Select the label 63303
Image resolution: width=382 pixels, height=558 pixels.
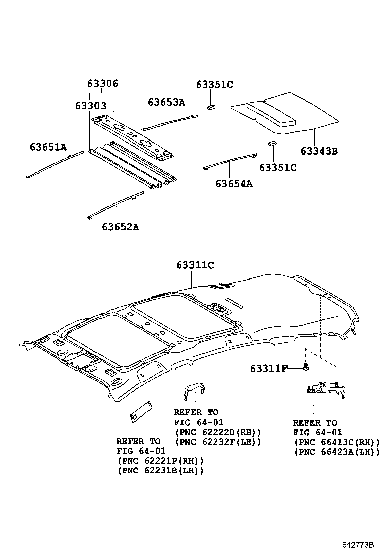point(91,106)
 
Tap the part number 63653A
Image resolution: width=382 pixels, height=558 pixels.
point(166,102)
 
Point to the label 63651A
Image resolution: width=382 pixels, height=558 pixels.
point(48,147)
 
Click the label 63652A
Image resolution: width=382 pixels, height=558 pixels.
point(120,227)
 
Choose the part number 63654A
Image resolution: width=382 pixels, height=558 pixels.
point(234,184)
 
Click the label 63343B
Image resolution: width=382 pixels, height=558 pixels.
point(319,151)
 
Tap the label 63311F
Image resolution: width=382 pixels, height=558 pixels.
point(268,369)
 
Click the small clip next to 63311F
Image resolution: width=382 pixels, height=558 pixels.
point(305,369)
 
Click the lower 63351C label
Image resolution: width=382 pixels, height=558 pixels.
point(278,167)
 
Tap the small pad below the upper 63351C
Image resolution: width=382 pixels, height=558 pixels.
point(212,106)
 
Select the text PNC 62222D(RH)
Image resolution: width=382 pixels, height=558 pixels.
point(218,432)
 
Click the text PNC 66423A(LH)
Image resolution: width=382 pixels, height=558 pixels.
point(337,452)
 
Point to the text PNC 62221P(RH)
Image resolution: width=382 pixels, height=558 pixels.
point(160,461)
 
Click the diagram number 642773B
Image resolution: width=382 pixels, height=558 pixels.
point(359,545)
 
